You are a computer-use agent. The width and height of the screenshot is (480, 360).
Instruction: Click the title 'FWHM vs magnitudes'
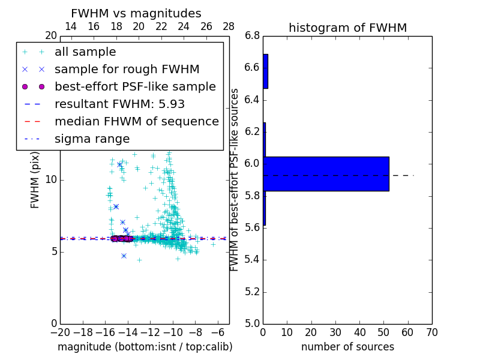pyautogui.click(x=136, y=13)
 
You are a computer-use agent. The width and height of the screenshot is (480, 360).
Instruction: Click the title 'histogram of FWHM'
pyautogui.click(x=347, y=28)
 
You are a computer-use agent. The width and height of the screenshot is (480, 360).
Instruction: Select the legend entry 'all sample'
pyautogui.click(x=85, y=52)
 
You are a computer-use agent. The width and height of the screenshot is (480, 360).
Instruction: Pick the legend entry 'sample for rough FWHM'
pyautogui.click(x=127, y=70)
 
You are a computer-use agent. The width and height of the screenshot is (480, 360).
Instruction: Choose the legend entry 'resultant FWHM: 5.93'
pyautogui.click(x=119, y=104)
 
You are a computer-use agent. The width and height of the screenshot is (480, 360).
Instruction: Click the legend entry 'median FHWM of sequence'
pyautogui.click(x=136, y=122)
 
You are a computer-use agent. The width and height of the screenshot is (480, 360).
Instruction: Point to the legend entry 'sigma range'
pyautogui.click(x=92, y=139)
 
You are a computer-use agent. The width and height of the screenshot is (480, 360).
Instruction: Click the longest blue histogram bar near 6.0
pyautogui.click(x=326, y=174)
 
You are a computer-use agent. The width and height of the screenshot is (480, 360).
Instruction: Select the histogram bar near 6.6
pyautogui.click(x=265, y=71)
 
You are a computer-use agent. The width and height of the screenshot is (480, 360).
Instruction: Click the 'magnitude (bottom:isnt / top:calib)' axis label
pyautogui.click(x=145, y=347)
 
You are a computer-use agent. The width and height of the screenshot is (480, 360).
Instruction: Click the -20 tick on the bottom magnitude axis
pyautogui.click(x=60, y=332)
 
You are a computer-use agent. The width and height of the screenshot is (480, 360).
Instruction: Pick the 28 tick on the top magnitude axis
pyautogui.click(x=229, y=26)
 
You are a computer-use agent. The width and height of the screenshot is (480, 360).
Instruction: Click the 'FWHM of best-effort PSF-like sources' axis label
pyautogui.click(x=235, y=179)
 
